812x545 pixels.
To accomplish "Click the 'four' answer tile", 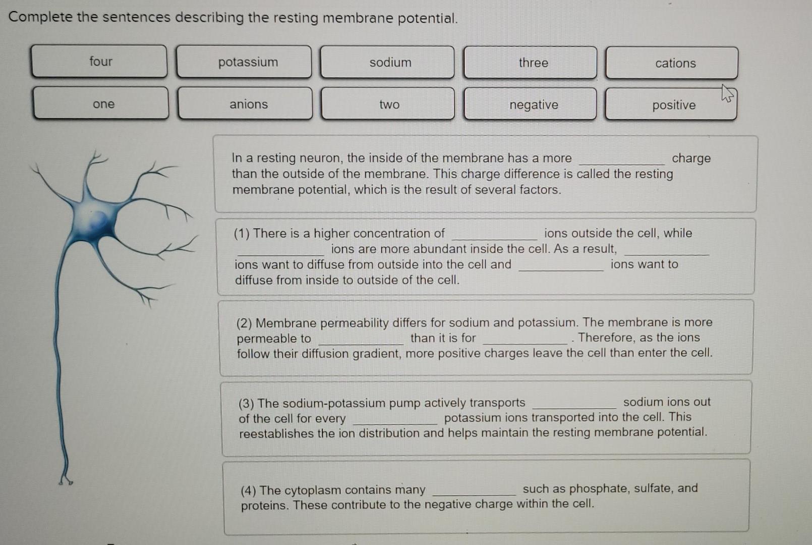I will tap(99, 62).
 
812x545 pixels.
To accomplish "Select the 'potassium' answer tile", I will tap(244, 62).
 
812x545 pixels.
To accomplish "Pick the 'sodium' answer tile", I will tap(387, 63).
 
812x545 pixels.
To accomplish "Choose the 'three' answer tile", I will tap(531, 63).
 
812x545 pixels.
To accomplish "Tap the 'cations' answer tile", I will tap(672, 63).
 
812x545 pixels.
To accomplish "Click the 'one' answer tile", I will tap(101, 103).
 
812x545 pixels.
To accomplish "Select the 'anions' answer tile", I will tap(245, 104).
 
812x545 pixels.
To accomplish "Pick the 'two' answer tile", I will tap(388, 104).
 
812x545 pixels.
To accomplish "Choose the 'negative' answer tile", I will tap(531, 105).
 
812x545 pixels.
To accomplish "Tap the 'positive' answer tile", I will tap(671, 105).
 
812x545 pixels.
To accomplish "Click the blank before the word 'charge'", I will tap(622, 159).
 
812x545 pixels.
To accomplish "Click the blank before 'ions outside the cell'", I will tap(495, 234).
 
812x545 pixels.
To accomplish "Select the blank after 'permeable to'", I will tap(361, 339).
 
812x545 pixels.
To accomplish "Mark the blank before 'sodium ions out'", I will tap(574, 403).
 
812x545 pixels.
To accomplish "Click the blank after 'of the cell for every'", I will tap(395, 419).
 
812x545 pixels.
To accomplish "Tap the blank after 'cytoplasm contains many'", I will tap(475, 490).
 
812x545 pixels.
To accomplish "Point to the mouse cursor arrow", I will tap(727, 93).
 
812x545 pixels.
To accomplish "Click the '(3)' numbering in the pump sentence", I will tap(247, 404).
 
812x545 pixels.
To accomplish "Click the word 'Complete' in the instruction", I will tap(40, 17).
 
